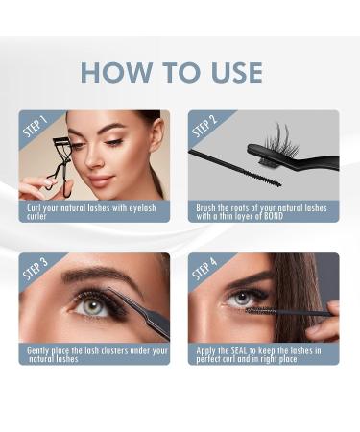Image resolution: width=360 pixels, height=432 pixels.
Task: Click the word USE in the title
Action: [232, 72]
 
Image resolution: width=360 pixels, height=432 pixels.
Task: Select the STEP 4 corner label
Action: [204, 270]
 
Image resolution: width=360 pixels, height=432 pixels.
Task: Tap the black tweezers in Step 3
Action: [144, 312]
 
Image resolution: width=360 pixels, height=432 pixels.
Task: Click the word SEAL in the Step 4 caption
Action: [238, 350]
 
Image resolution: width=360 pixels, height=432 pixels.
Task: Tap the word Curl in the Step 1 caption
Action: [34, 207]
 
